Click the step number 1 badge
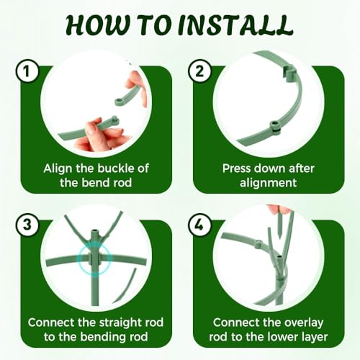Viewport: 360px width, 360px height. [x=27, y=71]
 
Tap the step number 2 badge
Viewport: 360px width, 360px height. [x=200, y=71]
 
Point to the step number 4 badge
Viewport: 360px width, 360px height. [x=200, y=225]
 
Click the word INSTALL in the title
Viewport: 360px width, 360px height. [x=235, y=25]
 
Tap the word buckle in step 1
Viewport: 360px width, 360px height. [x=116, y=168]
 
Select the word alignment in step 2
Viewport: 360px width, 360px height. [x=268, y=184]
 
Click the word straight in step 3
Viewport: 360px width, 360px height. [x=120, y=323]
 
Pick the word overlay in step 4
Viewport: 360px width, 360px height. [x=303, y=323]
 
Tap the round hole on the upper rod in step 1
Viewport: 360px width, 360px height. [x=118, y=101]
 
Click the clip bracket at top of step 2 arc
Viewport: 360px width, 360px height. [x=289, y=73]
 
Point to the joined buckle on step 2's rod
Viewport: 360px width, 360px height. [x=274, y=126]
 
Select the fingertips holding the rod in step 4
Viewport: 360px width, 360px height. [x=279, y=210]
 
